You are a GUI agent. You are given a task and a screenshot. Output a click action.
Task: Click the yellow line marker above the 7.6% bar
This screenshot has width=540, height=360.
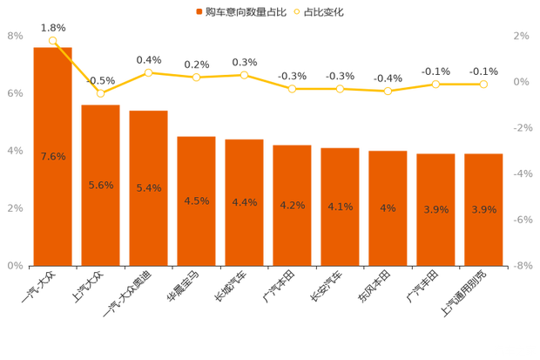pos(53,40)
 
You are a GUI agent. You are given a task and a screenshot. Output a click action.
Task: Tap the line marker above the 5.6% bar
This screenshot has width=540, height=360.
pos(101,93)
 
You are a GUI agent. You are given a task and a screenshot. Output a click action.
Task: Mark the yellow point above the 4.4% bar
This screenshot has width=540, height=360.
pos(245,75)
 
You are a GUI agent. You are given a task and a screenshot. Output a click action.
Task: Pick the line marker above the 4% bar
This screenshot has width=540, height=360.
pos(388,91)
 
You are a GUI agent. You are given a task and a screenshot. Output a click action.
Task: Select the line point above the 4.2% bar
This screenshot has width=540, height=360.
pos(293,89)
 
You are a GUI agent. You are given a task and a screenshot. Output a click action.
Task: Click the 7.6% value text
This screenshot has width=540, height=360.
pos(53,157)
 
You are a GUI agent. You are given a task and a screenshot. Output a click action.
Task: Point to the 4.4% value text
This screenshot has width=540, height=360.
pos(245,203)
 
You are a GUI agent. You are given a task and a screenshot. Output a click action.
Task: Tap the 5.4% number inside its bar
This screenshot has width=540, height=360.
pos(149,188)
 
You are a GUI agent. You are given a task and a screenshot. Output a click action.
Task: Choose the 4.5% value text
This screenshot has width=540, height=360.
pos(197,201)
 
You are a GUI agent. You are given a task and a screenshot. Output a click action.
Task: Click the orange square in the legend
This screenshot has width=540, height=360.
pos(199,12)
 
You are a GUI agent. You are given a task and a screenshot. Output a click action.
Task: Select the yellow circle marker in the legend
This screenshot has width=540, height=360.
pos(297,12)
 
